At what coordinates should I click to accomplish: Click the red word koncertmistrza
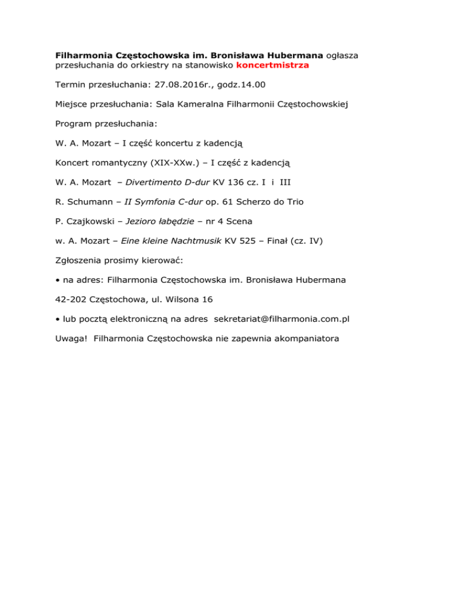272,65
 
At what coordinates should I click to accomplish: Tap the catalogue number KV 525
242,241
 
